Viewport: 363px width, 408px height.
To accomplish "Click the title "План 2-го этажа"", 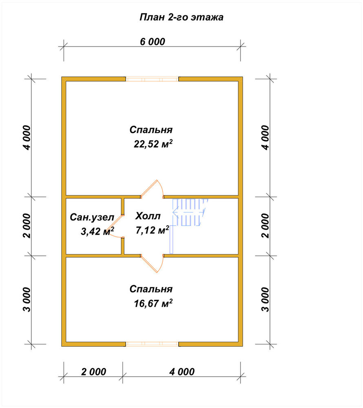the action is coord(181,17).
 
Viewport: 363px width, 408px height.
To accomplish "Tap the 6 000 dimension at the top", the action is coord(153,42).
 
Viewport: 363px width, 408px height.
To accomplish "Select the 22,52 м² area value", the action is coord(153,144).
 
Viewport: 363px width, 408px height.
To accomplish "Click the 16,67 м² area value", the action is coord(153,303).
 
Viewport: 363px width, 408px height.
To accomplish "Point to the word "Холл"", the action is coord(148,216).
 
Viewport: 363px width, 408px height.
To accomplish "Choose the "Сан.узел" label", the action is coord(92,217).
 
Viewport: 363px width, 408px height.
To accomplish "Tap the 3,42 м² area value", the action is coord(97,231).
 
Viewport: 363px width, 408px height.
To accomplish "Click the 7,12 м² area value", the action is coord(153,230).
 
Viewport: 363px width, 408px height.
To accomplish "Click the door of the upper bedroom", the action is coord(152,189).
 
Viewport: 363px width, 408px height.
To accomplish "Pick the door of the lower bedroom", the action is coord(152,263).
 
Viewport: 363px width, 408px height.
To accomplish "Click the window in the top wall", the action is coord(152,79).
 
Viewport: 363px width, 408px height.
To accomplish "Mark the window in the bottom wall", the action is coord(152,344).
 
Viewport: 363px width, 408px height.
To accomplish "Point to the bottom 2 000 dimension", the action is coord(94,372).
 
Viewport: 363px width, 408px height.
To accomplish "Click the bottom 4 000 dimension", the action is coord(182,372).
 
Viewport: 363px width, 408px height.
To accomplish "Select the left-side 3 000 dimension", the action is coord(27,299).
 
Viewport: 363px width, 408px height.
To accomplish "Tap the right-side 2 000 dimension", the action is coord(266,226).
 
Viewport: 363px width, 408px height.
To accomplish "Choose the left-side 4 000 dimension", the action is coord(27,137).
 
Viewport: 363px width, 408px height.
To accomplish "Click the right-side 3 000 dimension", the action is coord(266,299).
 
